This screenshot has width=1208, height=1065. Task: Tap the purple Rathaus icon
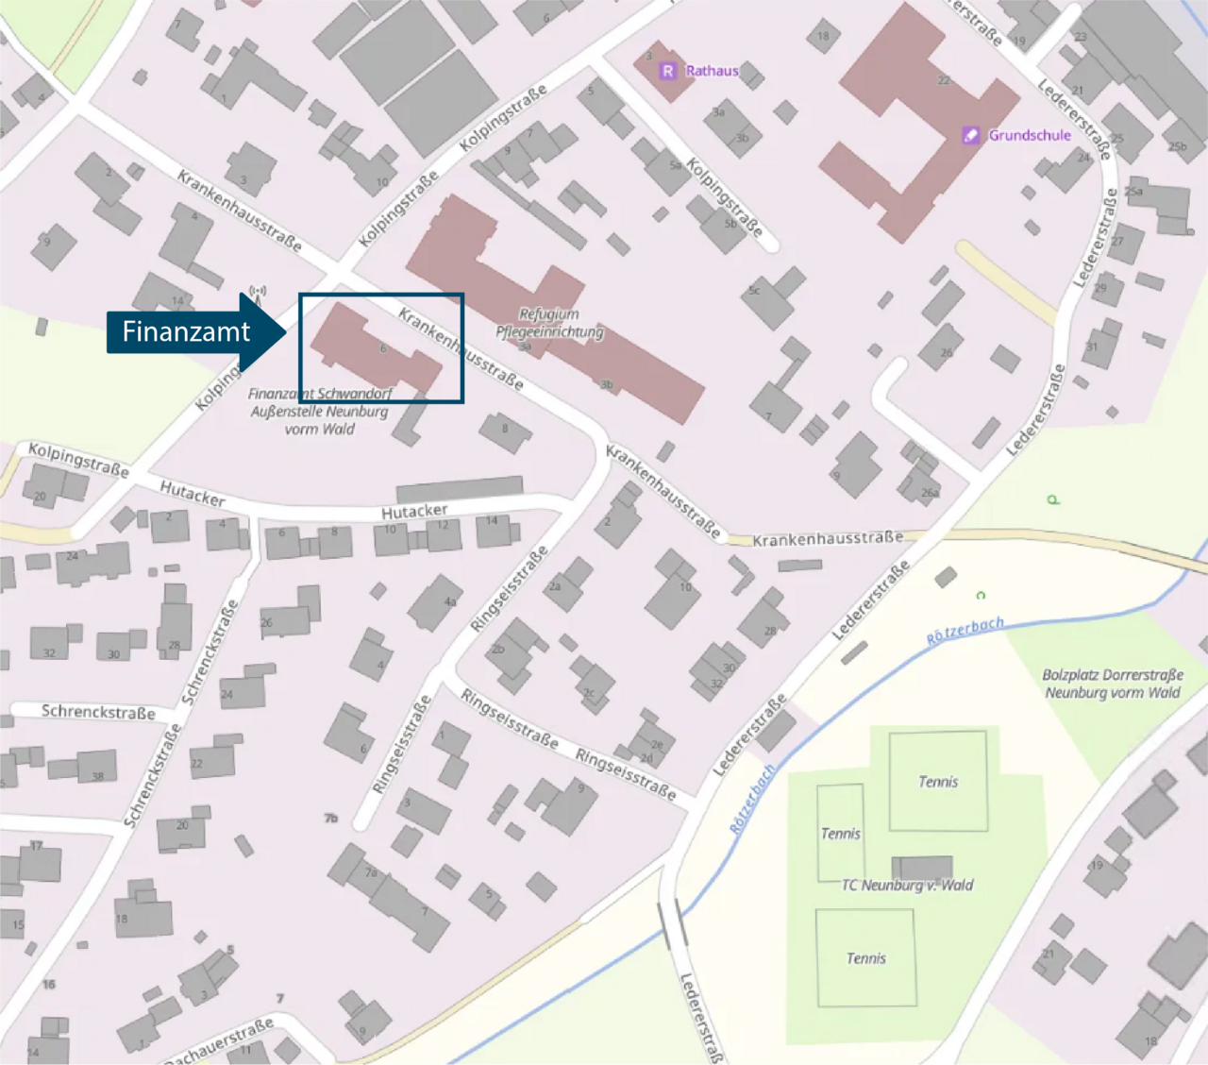click(667, 71)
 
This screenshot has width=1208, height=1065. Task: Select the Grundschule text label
click(1030, 135)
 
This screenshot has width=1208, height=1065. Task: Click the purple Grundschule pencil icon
click(970, 135)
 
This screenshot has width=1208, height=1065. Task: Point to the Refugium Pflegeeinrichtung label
click(549, 323)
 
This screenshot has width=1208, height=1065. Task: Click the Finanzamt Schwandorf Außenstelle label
click(319, 412)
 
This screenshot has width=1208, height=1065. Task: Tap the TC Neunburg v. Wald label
click(907, 886)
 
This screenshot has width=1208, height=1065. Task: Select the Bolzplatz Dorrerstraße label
click(1112, 684)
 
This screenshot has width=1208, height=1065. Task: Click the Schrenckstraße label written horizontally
click(98, 712)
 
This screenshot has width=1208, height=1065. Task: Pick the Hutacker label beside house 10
click(414, 512)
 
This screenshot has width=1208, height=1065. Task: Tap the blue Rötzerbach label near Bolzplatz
click(965, 631)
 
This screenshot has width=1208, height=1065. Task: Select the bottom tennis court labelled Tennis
click(865, 957)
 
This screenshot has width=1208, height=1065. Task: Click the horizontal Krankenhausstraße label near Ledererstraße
click(827, 539)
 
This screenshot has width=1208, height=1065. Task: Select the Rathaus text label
click(712, 71)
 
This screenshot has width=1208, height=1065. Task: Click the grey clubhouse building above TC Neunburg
click(922, 867)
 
